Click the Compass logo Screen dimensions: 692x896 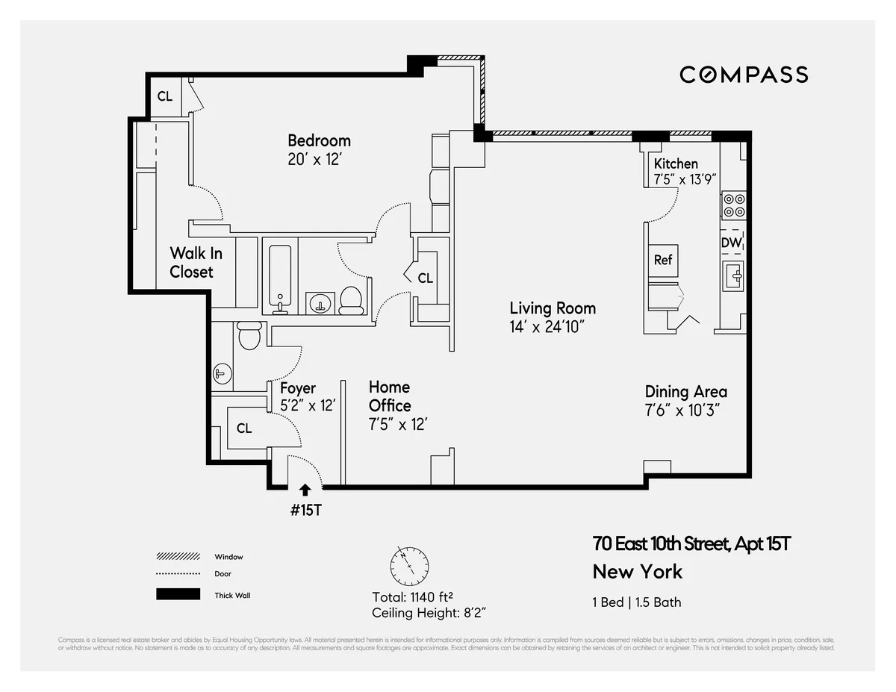[743, 75]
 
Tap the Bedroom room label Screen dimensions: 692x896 [319, 140]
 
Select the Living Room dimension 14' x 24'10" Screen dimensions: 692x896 [553, 326]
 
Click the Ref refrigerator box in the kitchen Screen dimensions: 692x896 [663, 260]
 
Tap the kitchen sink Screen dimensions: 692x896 [733, 277]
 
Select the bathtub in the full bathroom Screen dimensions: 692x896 [281, 277]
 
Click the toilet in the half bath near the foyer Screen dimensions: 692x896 [248, 335]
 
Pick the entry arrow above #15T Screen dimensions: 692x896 [305, 490]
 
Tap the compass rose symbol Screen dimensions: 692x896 [409, 567]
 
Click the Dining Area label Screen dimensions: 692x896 [685, 392]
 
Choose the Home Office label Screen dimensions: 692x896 [389, 396]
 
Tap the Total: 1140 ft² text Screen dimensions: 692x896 [413, 597]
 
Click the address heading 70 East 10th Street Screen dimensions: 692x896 [691, 543]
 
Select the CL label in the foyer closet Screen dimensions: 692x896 [244, 428]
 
